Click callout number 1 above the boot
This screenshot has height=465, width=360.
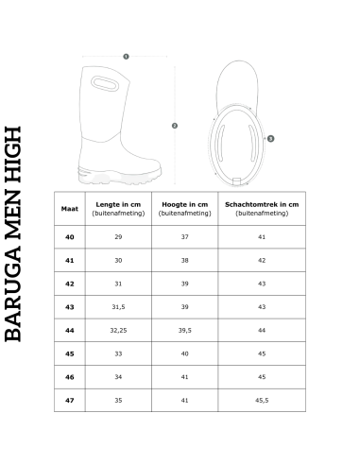click(x=126, y=56)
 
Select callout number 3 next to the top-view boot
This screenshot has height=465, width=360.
click(x=270, y=138)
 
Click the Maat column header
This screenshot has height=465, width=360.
click(x=70, y=208)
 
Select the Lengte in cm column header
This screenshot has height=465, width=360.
click(x=117, y=208)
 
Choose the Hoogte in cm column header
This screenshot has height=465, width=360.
click(x=185, y=208)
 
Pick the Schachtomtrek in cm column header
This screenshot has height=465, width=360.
click(x=261, y=208)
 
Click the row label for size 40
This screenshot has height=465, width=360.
click(x=70, y=236)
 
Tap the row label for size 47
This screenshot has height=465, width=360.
click(x=70, y=400)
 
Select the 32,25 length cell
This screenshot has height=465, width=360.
click(x=117, y=330)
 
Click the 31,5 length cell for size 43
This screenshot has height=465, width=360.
click(x=117, y=306)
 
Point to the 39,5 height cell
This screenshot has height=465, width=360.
click(x=185, y=330)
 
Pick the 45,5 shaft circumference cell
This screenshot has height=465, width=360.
click(x=261, y=400)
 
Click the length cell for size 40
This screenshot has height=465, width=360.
click(x=117, y=236)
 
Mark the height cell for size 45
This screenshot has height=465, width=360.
click(x=185, y=353)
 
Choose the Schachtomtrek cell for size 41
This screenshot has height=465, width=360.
click(x=261, y=260)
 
